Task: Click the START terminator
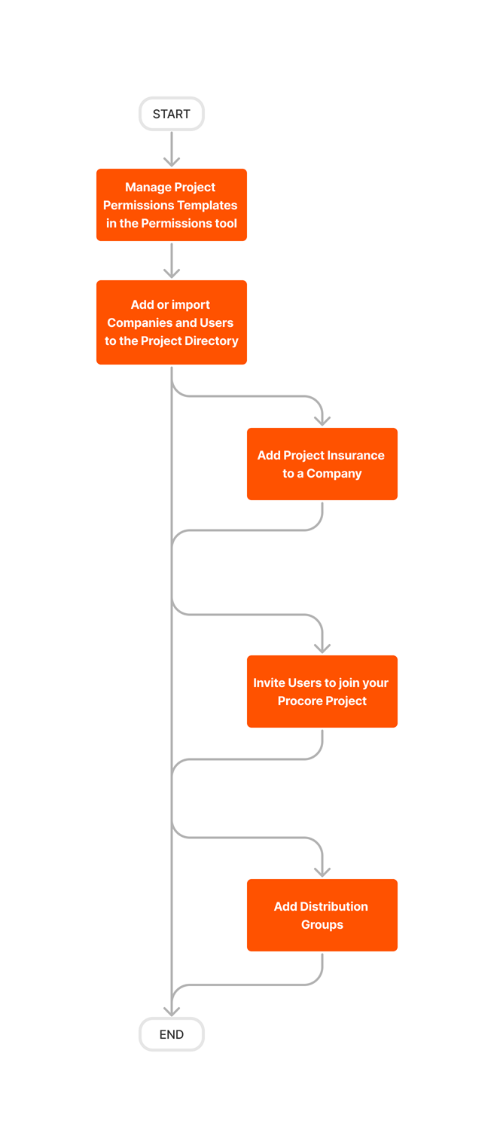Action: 172,114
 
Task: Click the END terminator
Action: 172,1034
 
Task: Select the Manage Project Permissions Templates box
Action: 172,205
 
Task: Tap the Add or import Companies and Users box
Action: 172,322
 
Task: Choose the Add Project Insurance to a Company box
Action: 322,464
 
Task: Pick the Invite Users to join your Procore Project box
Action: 322,692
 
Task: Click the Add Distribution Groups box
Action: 322,915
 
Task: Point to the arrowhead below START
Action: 172,161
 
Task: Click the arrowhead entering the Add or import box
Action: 172,273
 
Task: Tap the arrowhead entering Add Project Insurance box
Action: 322,421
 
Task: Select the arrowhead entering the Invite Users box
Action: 322,648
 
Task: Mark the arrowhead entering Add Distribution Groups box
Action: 322,872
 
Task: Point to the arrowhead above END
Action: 172,1011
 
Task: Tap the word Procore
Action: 300,701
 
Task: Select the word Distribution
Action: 334,906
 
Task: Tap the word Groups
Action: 322,924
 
